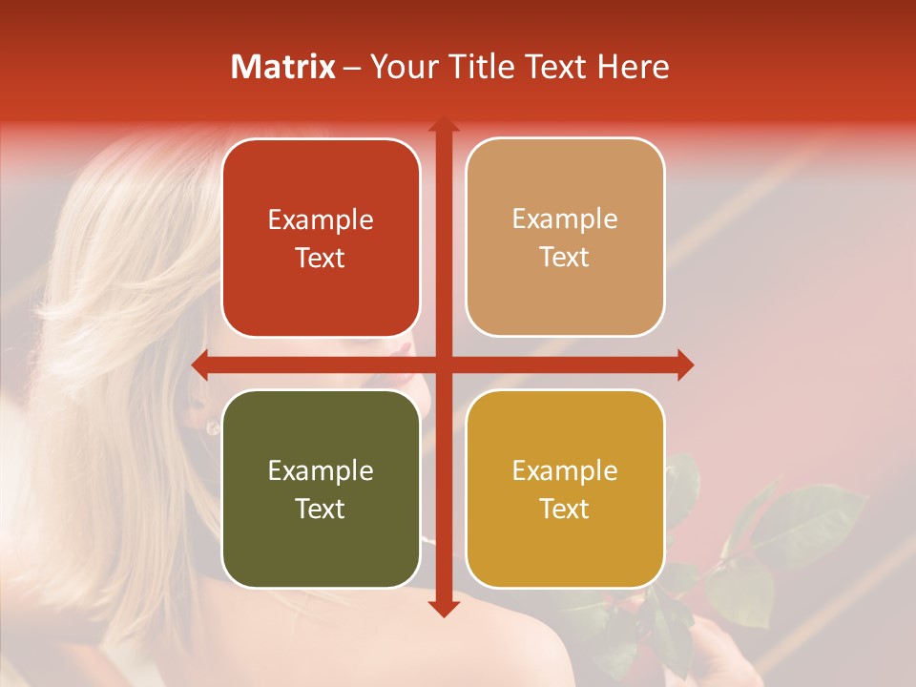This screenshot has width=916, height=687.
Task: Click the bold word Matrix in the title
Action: (283, 67)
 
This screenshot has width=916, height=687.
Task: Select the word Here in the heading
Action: (634, 67)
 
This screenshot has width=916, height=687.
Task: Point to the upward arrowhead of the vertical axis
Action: (443, 125)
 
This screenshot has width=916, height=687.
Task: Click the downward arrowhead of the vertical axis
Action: (443, 608)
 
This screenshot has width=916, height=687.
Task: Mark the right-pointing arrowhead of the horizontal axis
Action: (685, 364)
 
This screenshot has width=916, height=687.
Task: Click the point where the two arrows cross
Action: (443, 364)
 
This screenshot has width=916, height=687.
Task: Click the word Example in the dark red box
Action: (321, 220)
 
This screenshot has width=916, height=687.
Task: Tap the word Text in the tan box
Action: (564, 258)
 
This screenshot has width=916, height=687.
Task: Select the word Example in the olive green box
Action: (321, 470)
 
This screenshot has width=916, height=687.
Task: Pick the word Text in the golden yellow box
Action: (564, 509)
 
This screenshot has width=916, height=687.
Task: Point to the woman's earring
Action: (211, 427)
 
